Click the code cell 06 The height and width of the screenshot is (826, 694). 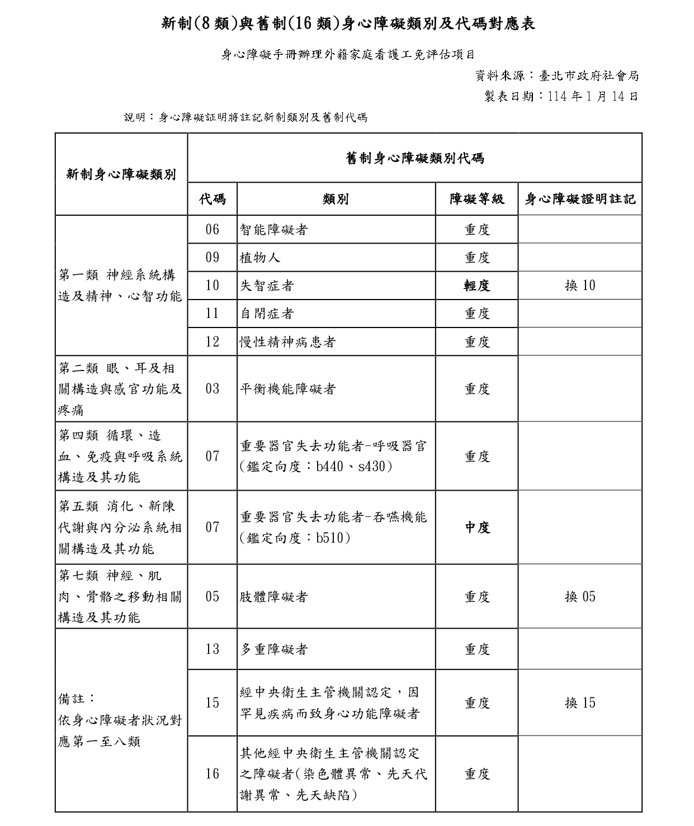click(213, 230)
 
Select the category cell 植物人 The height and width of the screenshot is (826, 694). click(260, 258)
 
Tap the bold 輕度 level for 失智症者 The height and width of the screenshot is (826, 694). click(477, 286)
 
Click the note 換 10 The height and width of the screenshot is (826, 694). click(580, 286)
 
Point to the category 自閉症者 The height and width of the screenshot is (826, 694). click(267, 314)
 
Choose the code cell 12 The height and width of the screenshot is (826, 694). click(213, 341)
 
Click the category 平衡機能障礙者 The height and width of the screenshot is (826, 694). click(287, 389)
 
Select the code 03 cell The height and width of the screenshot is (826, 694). click(213, 389)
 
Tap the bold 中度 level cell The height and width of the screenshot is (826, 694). click(477, 527)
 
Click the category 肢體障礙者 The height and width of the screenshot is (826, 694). click(273, 597)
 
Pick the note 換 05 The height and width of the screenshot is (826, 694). click(580, 597)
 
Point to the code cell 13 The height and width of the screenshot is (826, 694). click(213, 649)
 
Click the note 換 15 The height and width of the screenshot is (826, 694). click(580, 703)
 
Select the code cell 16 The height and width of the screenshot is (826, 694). click(213, 774)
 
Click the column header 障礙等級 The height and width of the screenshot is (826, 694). click(477, 199)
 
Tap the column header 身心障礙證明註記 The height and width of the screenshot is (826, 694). click(580, 199)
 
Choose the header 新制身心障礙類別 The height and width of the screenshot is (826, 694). click(121, 174)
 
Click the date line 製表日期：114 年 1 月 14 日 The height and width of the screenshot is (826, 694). click(561, 96)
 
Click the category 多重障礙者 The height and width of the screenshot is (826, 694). click(273, 649)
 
